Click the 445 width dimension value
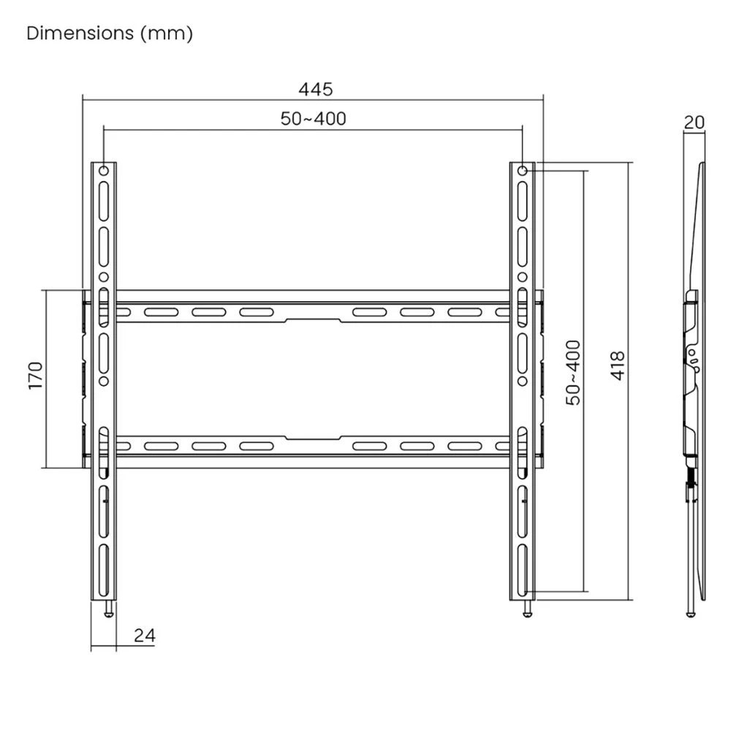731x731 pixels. pos(315,89)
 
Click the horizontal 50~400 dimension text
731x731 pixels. pos(313,119)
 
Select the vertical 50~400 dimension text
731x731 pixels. pos(574,372)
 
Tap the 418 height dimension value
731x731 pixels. pos(618,365)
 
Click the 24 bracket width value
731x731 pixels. pos(145,635)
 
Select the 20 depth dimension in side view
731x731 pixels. pos(694,122)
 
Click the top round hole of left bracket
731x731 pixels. pos(103,170)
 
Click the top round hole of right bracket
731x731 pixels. pos(523,170)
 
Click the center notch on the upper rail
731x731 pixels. pos(313,319)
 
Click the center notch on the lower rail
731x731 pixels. pos(313,438)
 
